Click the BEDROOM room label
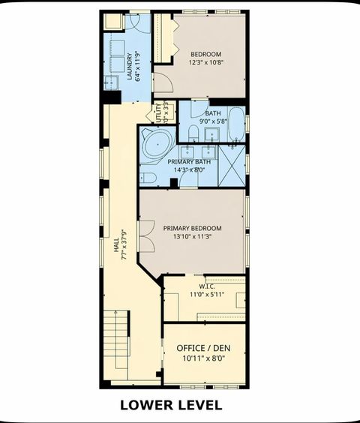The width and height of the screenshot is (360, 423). coord(205,54)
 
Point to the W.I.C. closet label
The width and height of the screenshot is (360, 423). coord(208,286)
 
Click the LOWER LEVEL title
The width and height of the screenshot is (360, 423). coord(171,406)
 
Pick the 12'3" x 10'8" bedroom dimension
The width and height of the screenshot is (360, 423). coord(205,64)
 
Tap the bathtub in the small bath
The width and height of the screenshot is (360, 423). coord(235,124)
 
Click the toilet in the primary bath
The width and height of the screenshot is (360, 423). coord(148,178)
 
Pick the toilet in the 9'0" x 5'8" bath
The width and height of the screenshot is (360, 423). coord(193,133)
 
